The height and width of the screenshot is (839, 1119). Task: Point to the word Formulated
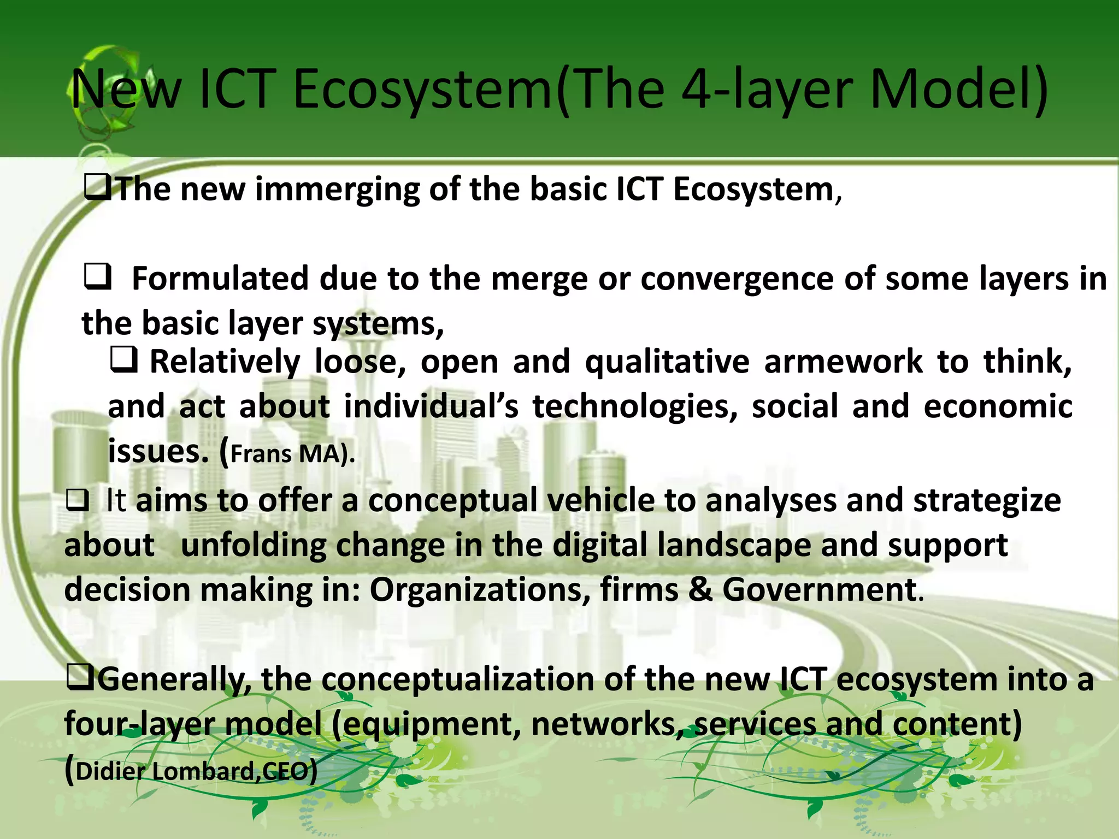click(220, 279)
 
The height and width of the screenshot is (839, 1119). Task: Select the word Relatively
click(225, 362)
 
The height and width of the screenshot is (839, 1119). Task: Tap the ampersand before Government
click(700, 590)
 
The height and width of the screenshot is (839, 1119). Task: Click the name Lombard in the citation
click(203, 771)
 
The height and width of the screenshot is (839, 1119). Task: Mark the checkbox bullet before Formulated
click(98, 277)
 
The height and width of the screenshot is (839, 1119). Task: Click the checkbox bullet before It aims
click(77, 501)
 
